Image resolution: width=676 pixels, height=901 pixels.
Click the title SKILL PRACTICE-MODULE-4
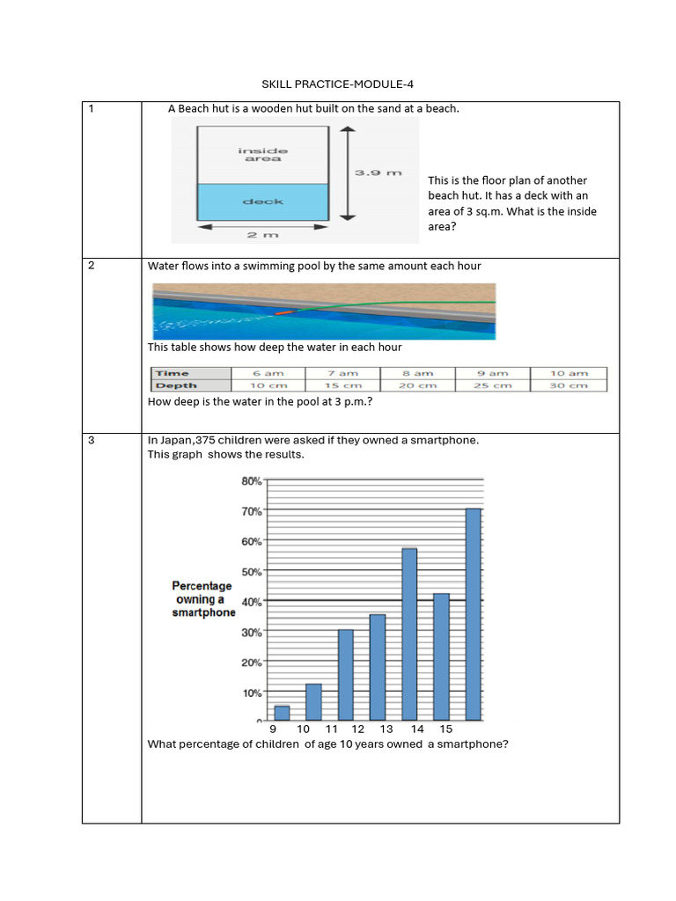coord(338,84)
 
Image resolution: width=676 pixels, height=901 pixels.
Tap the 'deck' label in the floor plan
coord(262,201)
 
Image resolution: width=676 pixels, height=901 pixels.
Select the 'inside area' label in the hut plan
coord(262,155)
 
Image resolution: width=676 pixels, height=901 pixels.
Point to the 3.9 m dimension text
coord(378,172)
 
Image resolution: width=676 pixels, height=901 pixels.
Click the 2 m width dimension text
coord(262,234)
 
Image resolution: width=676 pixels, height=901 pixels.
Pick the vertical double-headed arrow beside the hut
coord(350,172)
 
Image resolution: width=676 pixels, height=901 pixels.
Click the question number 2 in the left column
coord(92,266)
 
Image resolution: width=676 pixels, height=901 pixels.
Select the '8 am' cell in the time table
coord(418,373)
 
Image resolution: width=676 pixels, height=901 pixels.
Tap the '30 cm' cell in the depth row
coord(568,385)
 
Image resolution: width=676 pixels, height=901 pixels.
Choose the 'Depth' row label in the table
coord(177,385)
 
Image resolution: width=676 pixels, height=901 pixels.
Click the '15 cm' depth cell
coord(343,385)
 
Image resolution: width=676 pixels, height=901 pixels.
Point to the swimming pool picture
coord(323,311)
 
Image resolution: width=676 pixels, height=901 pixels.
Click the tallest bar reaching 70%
coord(473,614)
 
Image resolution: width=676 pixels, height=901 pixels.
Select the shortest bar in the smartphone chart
coord(282,713)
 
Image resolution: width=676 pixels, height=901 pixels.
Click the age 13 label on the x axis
coord(386,729)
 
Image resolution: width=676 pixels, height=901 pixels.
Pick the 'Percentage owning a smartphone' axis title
coord(202,599)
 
